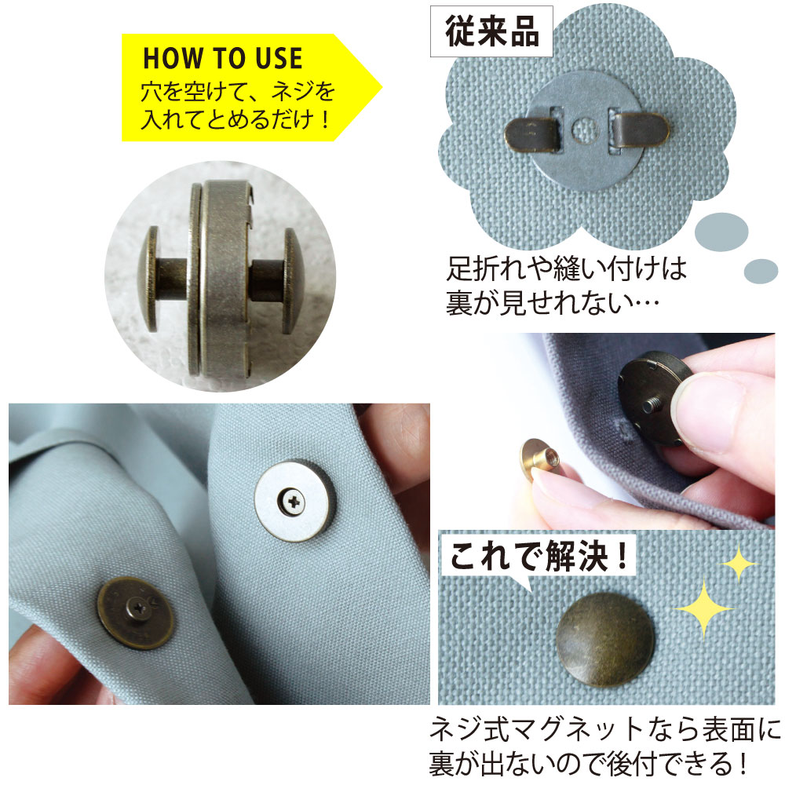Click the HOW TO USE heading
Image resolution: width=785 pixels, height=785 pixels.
(222, 59)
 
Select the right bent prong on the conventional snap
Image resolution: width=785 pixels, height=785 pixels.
(641, 130)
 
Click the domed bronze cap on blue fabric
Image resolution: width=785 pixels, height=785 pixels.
(604, 640)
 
